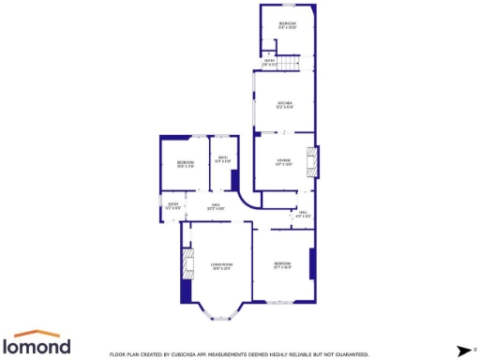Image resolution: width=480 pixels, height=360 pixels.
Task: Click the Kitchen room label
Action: coord(285,104)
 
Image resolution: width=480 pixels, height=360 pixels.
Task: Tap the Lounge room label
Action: coord(284,161)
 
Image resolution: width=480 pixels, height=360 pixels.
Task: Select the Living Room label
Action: coord(222,267)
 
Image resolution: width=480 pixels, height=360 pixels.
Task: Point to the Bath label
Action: coord(222,159)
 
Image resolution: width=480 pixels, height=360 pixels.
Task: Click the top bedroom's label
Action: coord(288,24)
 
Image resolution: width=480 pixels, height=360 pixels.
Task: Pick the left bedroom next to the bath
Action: coord(185,165)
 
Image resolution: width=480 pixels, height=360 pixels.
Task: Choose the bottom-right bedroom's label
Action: coord(282,266)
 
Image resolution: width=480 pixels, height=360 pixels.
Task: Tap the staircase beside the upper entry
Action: coord(294,62)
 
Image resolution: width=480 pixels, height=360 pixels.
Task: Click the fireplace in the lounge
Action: coord(314,161)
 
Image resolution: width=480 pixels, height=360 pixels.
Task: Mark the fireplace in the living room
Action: coord(187,265)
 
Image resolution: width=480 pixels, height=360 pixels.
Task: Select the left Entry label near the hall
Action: coord(172,206)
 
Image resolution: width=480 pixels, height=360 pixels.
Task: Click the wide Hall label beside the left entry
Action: coord(215,207)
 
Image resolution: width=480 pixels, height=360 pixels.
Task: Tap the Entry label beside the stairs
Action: coord(269,63)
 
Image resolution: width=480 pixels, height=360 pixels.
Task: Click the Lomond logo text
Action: coord(41,346)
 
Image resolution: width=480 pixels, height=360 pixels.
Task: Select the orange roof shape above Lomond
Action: coord(41,333)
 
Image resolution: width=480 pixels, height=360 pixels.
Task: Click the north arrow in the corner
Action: coord(463,350)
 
